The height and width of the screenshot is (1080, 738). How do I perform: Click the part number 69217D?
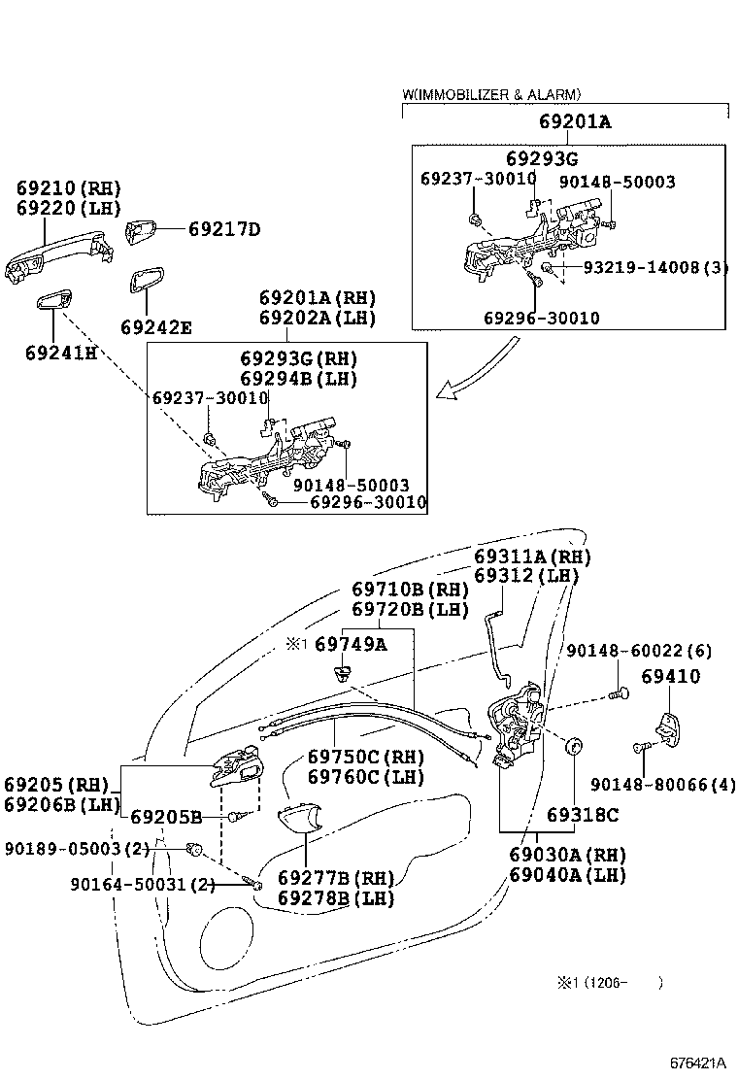pyautogui.click(x=224, y=230)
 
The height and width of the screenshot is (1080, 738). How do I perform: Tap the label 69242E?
pyautogui.click(x=156, y=327)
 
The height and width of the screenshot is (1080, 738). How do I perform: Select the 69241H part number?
pyautogui.click(x=61, y=352)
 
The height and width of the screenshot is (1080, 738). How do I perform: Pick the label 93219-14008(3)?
pyautogui.click(x=655, y=267)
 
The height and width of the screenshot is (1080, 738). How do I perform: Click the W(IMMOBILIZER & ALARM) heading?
pyautogui.click(x=491, y=94)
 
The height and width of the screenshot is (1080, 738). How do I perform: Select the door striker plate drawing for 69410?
pyautogui.click(x=671, y=728)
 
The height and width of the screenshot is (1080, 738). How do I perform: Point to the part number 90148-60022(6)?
pyautogui.click(x=639, y=651)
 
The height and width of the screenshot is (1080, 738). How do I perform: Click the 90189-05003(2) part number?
pyautogui.click(x=77, y=848)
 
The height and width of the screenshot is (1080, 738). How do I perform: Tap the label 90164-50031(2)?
pyautogui.click(x=143, y=884)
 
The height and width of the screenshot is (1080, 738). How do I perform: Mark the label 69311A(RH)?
pyautogui.click(x=532, y=557)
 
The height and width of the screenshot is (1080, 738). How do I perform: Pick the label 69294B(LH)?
pyautogui.click(x=299, y=379)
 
